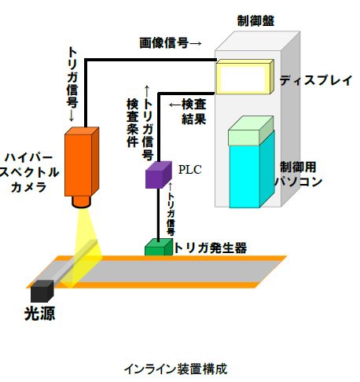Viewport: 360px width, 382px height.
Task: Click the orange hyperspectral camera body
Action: (82, 162)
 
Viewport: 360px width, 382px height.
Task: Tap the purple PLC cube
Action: (159, 174)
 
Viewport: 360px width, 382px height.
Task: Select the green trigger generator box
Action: (159, 247)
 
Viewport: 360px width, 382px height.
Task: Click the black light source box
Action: (42, 291)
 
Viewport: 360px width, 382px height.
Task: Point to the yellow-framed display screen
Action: (244, 77)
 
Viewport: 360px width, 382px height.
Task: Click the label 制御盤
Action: (255, 20)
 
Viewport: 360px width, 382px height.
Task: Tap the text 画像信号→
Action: (171, 42)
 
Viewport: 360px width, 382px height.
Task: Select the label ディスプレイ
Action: (316, 80)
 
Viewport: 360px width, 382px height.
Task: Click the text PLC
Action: (190, 170)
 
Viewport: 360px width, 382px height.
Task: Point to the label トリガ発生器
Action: (210, 248)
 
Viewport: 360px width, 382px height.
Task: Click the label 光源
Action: (40, 314)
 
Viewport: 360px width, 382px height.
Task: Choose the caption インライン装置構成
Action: (175, 369)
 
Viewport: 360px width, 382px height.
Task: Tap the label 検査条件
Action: (133, 123)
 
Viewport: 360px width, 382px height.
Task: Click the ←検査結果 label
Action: (188, 112)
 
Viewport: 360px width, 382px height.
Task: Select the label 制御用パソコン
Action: (299, 174)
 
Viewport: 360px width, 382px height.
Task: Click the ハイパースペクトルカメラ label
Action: (29, 172)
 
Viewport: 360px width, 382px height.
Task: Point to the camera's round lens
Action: (82, 202)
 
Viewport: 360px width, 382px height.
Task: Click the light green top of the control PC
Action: (251, 130)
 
